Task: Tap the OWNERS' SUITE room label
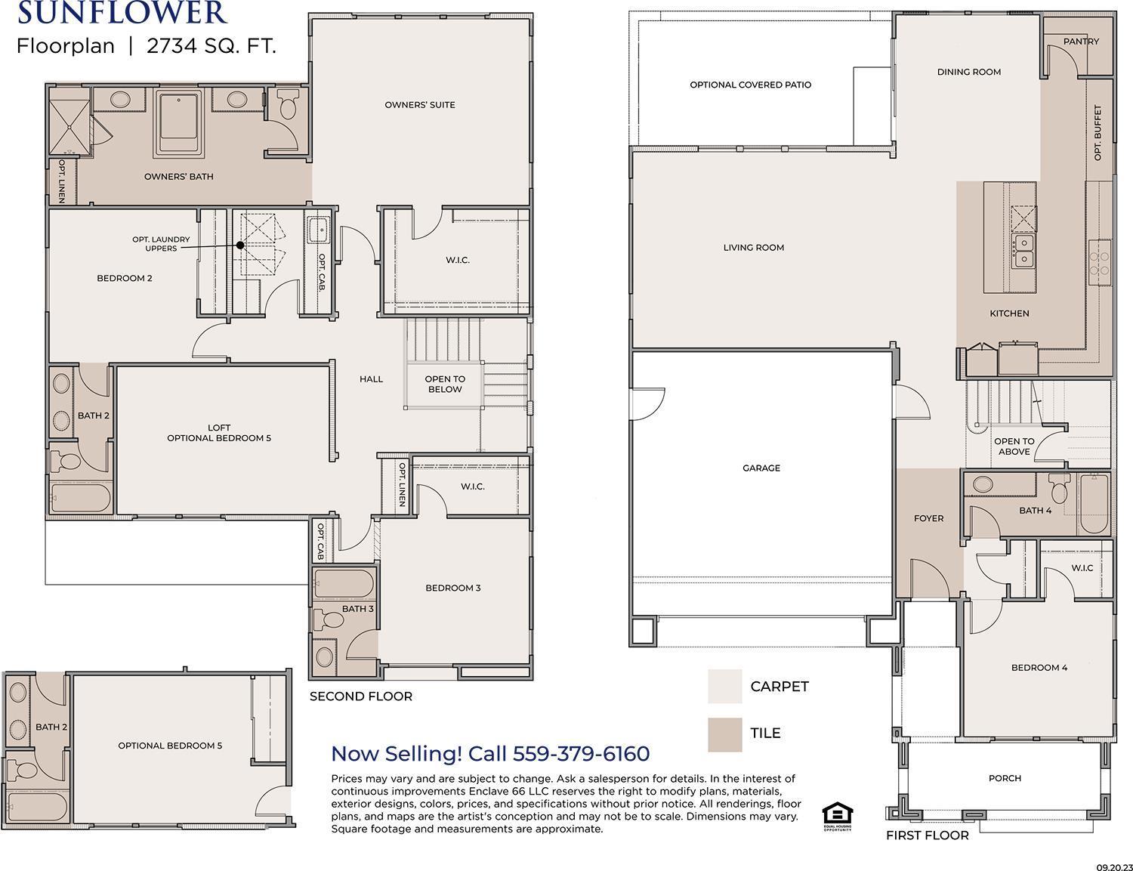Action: [x=420, y=105]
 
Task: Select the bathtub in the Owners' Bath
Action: [x=178, y=124]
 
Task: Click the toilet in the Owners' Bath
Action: [x=287, y=103]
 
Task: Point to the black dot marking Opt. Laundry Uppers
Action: [x=240, y=245]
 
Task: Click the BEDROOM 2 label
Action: [x=125, y=278]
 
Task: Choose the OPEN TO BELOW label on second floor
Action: [x=445, y=385]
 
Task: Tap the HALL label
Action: [x=371, y=379]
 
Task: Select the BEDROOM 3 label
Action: [x=453, y=588]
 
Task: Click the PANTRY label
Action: [x=1082, y=42]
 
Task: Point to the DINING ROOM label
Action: [x=969, y=72]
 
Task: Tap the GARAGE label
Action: [x=761, y=468]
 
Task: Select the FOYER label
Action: [x=928, y=518]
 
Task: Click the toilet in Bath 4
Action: [x=1059, y=488]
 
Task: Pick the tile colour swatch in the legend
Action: [x=725, y=734]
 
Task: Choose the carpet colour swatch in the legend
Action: [x=725, y=686]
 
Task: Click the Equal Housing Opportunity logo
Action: [x=838, y=817]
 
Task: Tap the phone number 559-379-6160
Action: [x=582, y=754]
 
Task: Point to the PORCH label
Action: [x=1005, y=778]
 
